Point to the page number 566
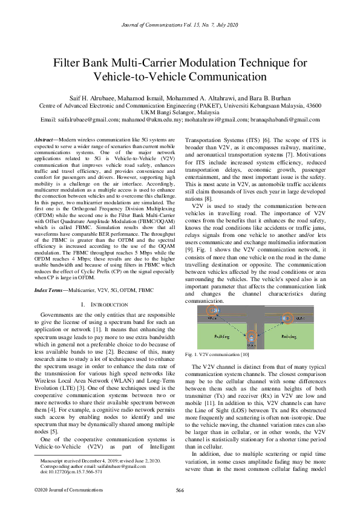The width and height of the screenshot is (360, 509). [180, 489]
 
